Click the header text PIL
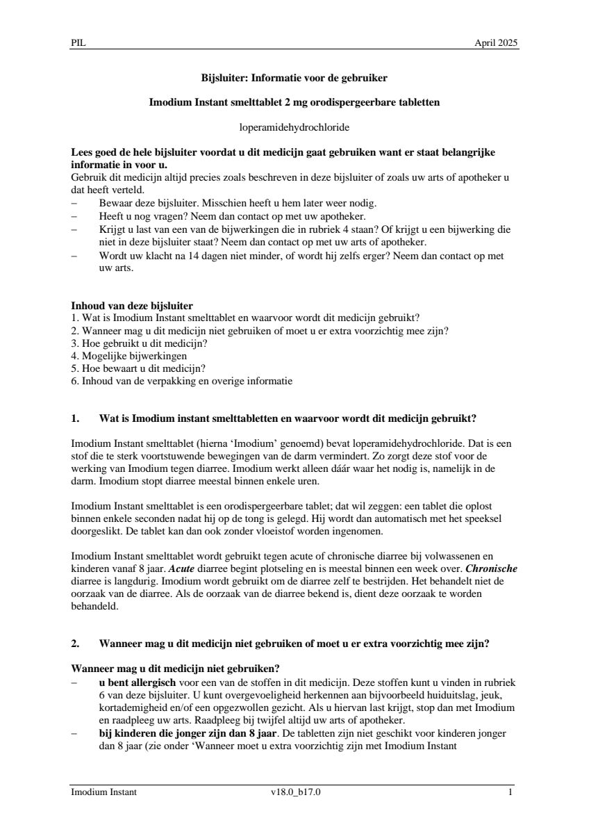point(78,43)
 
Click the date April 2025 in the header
point(496,43)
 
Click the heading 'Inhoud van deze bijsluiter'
point(132,305)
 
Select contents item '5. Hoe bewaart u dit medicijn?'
point(138,368)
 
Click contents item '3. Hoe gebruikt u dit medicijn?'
point(140,343)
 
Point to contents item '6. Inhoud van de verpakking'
point(182,381)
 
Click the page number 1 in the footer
point(511,792)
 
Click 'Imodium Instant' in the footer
point(103,792)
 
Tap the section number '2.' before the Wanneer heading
point(76,644)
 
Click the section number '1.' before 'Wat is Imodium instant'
point(76,418)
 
